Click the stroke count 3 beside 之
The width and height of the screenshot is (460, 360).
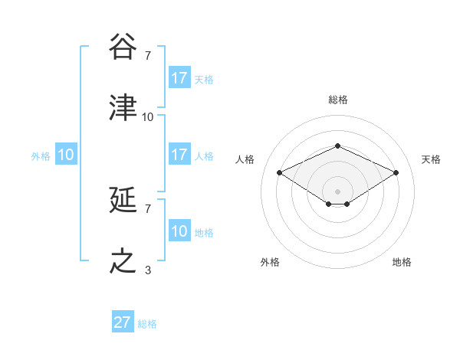point(148,270)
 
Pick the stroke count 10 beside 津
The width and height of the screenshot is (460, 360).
point(148,116)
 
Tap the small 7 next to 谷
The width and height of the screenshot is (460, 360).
point(148,55)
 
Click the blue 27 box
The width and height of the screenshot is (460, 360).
point(123,322)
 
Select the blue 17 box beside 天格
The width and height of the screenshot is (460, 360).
point(179,78)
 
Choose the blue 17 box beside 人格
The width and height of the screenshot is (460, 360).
point(179,155)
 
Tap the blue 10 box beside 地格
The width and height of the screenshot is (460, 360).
point(179,231)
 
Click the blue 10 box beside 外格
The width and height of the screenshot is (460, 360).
point(66,155)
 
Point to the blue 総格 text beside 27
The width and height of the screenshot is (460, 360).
point(147,324)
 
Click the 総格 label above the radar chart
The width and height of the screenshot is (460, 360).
point(337,100)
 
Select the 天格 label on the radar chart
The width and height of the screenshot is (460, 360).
point(431,159)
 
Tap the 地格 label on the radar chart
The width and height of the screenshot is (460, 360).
point(402,262)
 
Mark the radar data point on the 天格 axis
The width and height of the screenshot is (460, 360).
point(396,172)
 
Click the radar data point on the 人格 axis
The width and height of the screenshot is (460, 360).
point(280,172)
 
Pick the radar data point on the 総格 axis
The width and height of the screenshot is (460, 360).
point(337,146)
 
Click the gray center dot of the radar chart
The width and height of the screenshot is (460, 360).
point(337,191)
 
